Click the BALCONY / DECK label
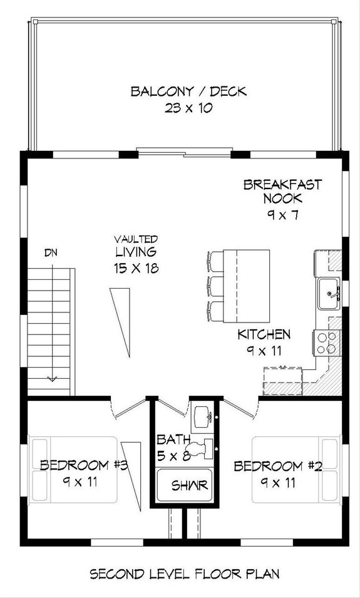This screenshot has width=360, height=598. (x=188, y=91)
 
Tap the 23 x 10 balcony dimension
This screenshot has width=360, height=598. (x=188, y=107)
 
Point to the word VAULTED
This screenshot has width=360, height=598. (x=136, y=239)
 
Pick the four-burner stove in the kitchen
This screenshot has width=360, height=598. (x=325, y=343)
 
